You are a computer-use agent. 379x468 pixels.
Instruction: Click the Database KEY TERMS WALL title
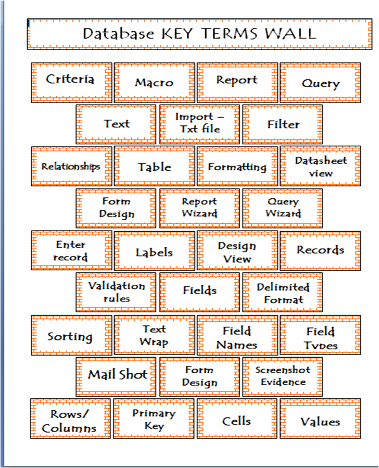pos(199,34)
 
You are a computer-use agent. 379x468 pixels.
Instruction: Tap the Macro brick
pos(154,82)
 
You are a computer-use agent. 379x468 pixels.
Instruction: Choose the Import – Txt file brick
pos(199,124)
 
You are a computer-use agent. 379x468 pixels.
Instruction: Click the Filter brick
pos(283,124)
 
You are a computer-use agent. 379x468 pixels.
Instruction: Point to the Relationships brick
pos(71,167)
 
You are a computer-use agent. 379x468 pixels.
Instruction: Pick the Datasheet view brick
pos(320,167)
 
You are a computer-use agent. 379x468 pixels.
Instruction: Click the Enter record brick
pos(71,250)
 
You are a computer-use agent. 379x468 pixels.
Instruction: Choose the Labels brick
pos(154,252)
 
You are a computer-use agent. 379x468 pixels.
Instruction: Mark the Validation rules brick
pos(116,292)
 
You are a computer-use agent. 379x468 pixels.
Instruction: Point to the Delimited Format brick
pos(283,293)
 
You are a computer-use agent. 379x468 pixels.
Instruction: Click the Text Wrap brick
pos(154,335)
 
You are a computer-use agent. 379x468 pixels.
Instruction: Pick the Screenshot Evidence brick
pos(283,376)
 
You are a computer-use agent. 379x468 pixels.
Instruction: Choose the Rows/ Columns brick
pos(70,420)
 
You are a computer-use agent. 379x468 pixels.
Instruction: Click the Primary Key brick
pos(154,420)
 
